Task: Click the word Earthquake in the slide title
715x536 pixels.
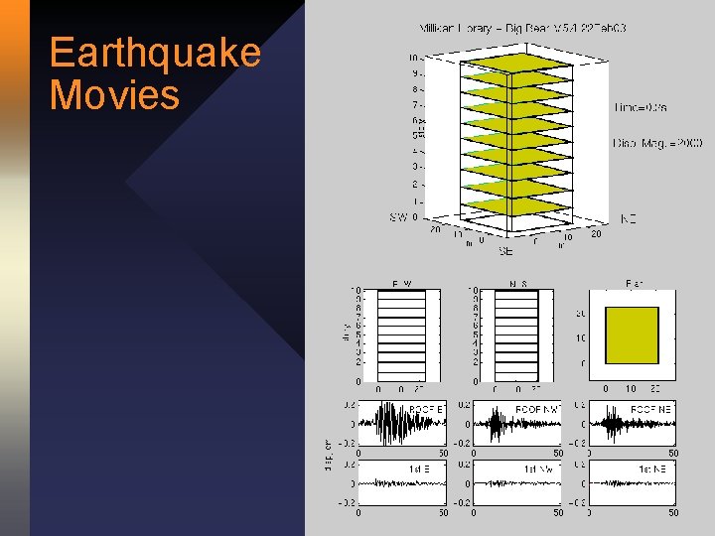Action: tap(155, 52)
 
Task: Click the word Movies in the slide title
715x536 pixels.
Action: tap(114, 95)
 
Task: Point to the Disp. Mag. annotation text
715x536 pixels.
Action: tap(657, 144)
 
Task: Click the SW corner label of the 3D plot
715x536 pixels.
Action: tap(398, 217)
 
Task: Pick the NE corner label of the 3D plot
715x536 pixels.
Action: tap(628, 217)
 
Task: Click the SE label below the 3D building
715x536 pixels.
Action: tap(506, 252)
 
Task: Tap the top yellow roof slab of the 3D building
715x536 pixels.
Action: tap(515, 63)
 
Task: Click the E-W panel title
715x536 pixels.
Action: tap(402, 282)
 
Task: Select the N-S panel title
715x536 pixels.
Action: tap(518, 282)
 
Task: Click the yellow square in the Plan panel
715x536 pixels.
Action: tap(632, 335)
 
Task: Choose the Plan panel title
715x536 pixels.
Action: tap(634, 282)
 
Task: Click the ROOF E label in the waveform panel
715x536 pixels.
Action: tap(426, 409)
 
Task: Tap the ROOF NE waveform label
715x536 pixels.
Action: tap(651, 409)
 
